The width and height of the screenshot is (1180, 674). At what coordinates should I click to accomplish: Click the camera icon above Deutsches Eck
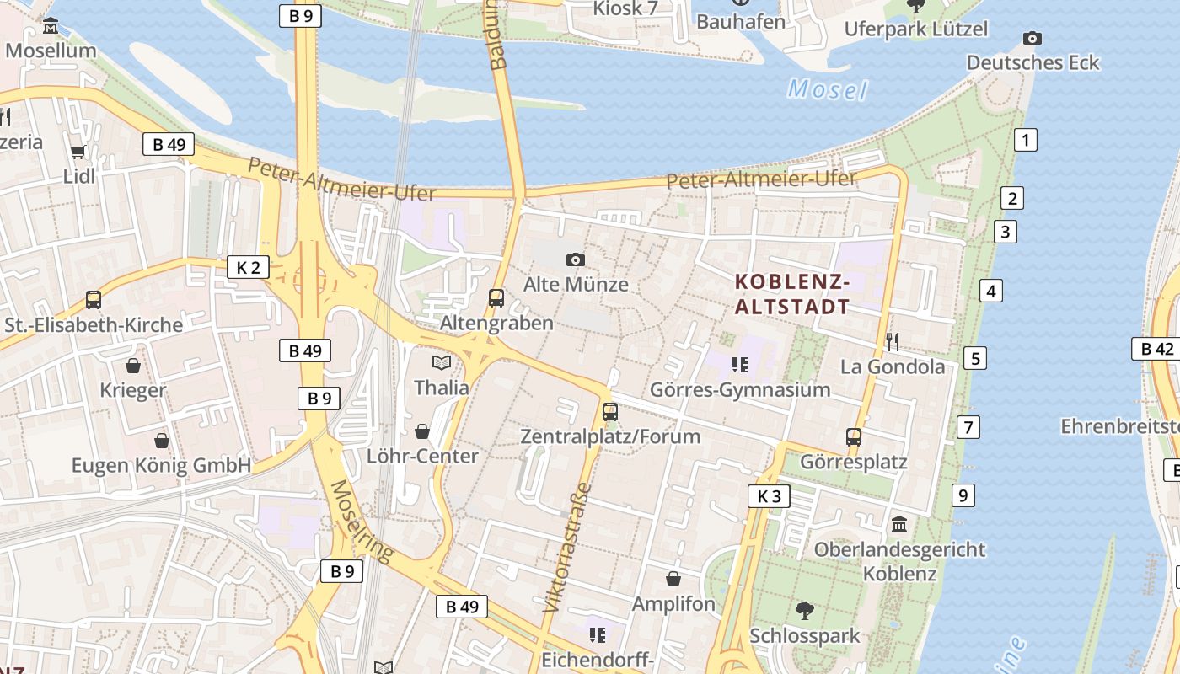tap(1032, 38)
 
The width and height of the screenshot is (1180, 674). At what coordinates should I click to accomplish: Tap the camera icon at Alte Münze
tap(576, 259)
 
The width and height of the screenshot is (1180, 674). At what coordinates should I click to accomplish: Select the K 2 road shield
tap(248, 268)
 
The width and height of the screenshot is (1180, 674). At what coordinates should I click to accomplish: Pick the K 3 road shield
tap(769, 496)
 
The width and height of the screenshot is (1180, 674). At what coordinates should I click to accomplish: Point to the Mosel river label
tap(827, 89)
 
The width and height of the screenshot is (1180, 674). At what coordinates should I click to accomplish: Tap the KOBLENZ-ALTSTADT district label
tap(792, 294)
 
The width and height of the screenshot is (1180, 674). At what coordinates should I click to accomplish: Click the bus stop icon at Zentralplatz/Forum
tap(610, 412)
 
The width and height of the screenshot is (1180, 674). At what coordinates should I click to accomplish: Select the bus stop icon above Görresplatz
tap(854, 437)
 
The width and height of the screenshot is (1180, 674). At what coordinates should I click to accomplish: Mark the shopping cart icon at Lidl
tap(78, 152)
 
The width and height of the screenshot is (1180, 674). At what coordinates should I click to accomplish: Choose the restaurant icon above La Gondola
tap(893, 341)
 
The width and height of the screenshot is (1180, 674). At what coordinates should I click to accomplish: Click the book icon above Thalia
tap(442, 363)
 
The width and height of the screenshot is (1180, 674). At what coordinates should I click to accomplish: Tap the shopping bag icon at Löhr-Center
tap(422, 431)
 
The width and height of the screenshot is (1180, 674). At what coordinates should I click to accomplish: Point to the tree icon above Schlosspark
tap(805, 610)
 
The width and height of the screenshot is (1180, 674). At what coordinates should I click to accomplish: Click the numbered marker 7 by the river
tap(968, 427)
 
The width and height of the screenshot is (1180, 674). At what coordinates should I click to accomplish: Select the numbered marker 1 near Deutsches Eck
tap(1025, 140)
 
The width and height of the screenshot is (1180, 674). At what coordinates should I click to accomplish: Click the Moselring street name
tap(362, 521)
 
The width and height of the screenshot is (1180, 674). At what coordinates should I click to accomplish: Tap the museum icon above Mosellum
tap(51, 26)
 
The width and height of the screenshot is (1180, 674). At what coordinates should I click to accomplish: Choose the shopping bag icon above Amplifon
tap(673, 579)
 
